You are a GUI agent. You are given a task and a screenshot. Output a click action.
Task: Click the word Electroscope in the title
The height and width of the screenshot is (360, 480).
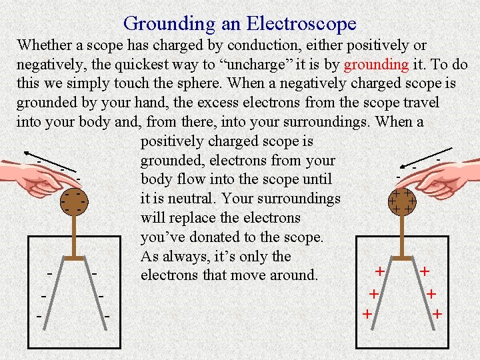[x=301, y=24]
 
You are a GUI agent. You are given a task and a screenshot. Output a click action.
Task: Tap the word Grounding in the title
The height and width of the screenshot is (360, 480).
[x=169, y=24]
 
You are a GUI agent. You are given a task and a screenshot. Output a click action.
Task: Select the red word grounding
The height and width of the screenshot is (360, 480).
[x=376, y=65]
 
